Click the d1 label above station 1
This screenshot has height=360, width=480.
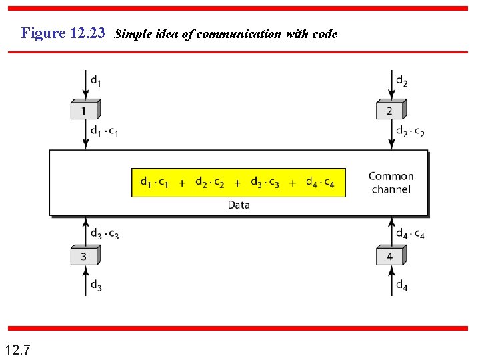point(96,81)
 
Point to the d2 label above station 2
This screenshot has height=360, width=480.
point(402,81)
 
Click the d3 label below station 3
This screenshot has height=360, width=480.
point(96,286)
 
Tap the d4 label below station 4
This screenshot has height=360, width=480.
point(402,286)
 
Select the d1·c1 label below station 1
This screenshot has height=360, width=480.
point(105,131)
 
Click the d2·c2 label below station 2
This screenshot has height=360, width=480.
point(410,131)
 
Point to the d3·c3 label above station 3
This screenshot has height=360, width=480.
point(105,234)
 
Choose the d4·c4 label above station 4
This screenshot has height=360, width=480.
point(410,234)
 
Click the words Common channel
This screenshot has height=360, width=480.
point(391,183)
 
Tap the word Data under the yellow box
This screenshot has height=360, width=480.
point(238,205)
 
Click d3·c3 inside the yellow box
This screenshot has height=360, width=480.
point(265,182)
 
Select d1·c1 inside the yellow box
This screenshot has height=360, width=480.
point(154,182)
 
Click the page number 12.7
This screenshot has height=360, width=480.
point(17,349)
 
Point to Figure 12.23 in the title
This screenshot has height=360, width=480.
point(63,33)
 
